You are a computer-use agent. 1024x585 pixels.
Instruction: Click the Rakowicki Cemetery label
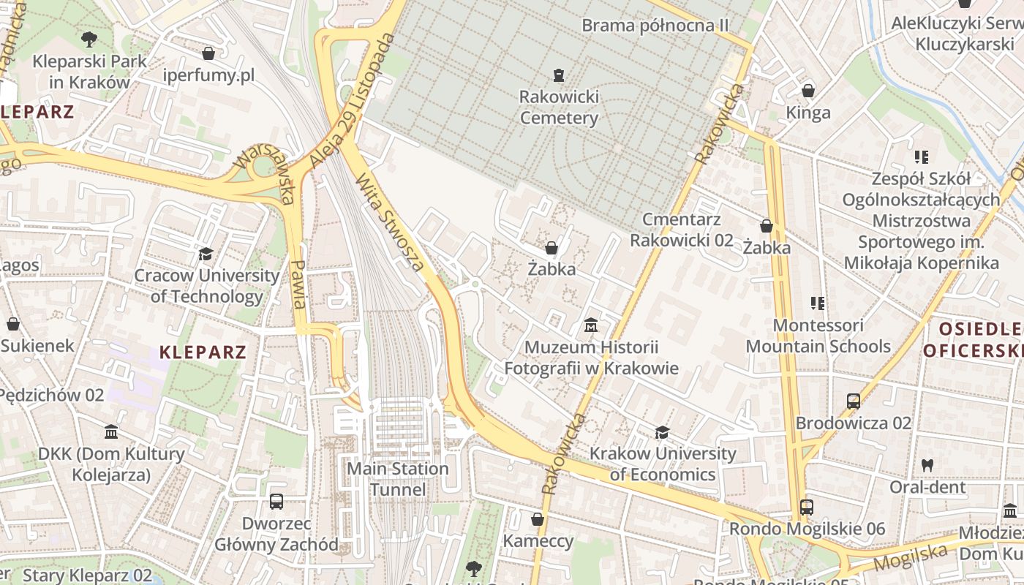[559, 107]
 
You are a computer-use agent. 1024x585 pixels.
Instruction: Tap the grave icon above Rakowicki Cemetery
[559, 75]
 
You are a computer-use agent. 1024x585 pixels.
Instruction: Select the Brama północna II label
[655, 26]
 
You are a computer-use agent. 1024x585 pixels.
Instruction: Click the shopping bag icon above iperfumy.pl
[208, 53]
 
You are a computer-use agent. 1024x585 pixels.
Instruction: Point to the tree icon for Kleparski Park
[89, 39]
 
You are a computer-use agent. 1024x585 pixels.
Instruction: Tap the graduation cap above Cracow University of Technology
[206, 254]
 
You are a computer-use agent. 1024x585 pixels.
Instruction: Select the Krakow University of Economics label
[663, 464]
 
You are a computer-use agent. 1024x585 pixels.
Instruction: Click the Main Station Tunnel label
[398, 479]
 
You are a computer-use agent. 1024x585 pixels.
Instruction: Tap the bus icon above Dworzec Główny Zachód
[276, 502]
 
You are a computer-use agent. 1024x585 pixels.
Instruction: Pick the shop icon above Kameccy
[538, 519]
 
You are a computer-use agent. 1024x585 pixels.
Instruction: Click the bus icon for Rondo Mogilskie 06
[807, 507]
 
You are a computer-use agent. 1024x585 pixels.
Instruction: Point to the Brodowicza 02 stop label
[854, 423]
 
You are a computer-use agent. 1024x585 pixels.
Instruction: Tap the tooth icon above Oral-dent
[927, 464]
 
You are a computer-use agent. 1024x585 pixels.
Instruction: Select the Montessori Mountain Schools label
[818, 336]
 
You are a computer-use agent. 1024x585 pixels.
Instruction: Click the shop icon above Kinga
[808, 91]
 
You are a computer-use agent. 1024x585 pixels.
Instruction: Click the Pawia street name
[298, 284]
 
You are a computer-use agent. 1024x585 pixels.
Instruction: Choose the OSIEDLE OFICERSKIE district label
[973, 339]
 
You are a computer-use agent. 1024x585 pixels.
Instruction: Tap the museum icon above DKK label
[111, 432]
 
